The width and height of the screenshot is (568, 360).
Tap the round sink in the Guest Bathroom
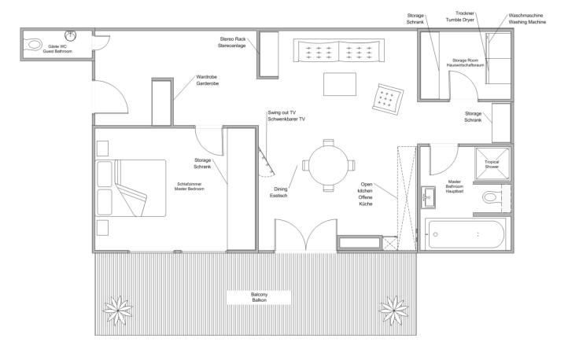point(70,36)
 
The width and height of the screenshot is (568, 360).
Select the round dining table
point(329,165)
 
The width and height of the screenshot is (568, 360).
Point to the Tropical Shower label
point(492,164)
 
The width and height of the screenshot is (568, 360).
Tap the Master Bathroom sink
point(428,197)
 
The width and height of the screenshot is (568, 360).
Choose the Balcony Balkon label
point(260,297)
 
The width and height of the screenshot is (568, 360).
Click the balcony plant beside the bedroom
point(118,310)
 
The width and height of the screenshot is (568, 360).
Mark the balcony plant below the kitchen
point(394,310)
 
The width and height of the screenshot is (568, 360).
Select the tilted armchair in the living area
point(388,100)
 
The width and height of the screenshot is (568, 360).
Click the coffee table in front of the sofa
point(339,84)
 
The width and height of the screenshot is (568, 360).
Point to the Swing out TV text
point(282,112)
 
